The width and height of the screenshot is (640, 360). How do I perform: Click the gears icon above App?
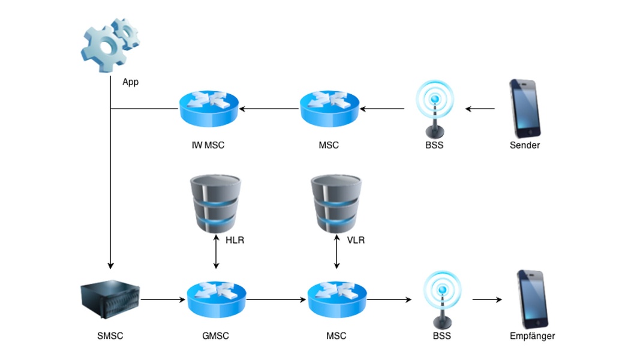click(110, 44)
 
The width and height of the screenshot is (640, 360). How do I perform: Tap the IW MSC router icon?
click(209, 108)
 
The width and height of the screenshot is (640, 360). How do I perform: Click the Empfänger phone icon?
click(532, 299)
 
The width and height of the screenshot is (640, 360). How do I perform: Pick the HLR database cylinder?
click(215, 204)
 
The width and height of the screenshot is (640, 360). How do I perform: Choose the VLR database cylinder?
click(335, 204)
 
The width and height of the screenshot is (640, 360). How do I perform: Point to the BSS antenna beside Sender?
click(435, 109)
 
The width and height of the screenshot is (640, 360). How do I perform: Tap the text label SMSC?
click(110, 336)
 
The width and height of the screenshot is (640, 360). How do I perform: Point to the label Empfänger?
click(532, 336)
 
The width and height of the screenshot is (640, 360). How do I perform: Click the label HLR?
click(235, 241)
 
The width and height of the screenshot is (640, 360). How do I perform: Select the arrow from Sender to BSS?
click(480, 109)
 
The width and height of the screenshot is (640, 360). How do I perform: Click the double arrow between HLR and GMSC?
click(216, 252)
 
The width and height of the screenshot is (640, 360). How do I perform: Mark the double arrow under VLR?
click(336, 252)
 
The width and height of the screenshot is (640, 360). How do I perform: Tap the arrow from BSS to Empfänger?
click(487, 299)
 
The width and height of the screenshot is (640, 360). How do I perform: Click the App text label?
click(130, 82)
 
